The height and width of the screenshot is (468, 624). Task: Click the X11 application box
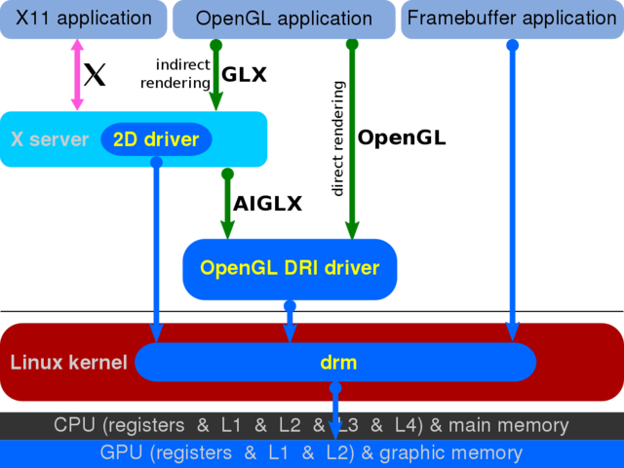(84, 19)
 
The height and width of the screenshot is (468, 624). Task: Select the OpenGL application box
(284, 19)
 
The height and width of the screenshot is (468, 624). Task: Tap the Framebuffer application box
(511, 19)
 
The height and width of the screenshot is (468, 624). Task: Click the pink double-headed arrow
(77, 75)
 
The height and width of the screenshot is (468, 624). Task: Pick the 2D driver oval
(156, 139)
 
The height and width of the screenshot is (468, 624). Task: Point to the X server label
(50, 139)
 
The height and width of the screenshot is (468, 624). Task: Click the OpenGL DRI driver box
(290, 268)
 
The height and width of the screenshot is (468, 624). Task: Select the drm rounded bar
(337, 363)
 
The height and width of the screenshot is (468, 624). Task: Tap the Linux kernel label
(68, 363)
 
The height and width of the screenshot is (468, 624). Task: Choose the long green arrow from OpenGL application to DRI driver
(353, 136)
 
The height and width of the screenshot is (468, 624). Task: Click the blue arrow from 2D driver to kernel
(156, 244)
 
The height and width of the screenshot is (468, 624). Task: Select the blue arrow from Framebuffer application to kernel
(513, 185)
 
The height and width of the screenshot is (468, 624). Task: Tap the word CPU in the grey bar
(74, 425)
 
